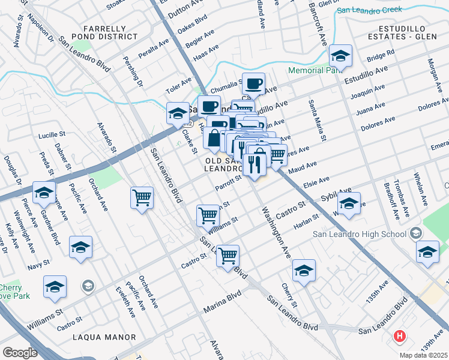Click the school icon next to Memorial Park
click(341, 58)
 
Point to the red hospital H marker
click(399, 336)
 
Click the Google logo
click(19, 352)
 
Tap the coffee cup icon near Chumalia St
click(254, 84)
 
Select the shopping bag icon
click(214, 138)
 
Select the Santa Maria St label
click(316, 121)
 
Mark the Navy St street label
click(38, 263)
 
